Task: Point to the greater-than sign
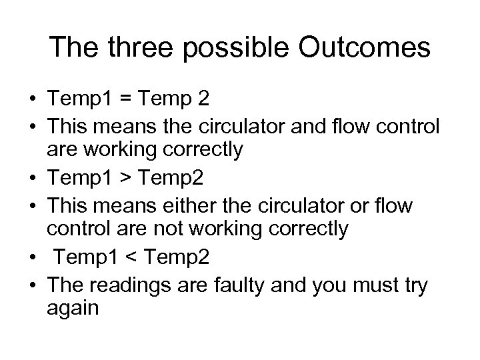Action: [x=125, y=179]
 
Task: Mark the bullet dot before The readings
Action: [x=31, y=284]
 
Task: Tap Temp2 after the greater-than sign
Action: [x=172, y=179]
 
